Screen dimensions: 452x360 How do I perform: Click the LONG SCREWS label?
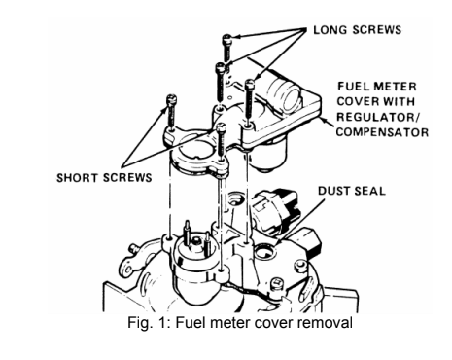tap(358, 30)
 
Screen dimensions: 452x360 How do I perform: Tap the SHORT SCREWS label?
tap(104, 178)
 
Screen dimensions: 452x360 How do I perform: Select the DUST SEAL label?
tap(352, 191)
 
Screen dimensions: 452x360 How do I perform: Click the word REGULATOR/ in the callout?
tap(378, 117)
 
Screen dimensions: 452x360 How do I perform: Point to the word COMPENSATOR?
tap(382, 132)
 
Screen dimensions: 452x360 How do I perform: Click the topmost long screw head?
tap(226, 39)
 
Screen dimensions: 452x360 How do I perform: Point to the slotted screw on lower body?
tap(277, 283)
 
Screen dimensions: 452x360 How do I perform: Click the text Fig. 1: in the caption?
tap(149, 323)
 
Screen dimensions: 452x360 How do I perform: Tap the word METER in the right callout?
tap(396, 87)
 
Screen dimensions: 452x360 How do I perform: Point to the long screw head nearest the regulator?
tap(250, 84)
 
